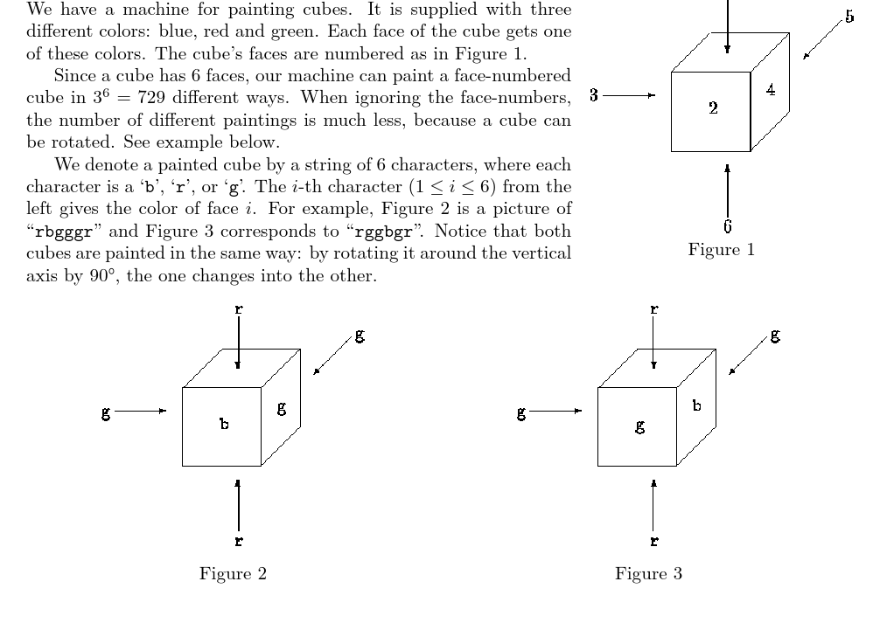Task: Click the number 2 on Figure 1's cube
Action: click(714, 109)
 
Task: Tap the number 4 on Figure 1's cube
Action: click(769, 91)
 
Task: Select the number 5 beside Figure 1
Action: click(849, 17)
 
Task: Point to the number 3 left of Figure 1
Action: click(594, 95)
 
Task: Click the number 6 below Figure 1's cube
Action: click(727, 226)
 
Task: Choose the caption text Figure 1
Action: click(721, 249)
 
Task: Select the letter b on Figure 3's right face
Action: click(696, 405)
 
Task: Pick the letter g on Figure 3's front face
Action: click(640, 426)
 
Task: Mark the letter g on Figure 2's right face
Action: click(281, 407)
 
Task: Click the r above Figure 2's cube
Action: click(238, 308)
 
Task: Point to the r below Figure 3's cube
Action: click(653, 542)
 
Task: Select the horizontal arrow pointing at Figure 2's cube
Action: click(140, 410)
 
